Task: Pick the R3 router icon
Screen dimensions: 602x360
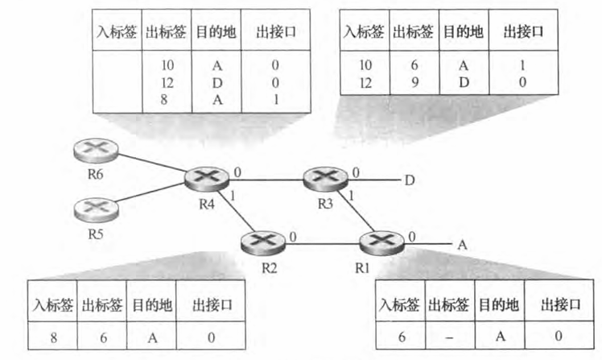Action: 321,178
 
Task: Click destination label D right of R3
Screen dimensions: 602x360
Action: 410,180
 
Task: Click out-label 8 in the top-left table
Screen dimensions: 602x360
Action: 167,101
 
